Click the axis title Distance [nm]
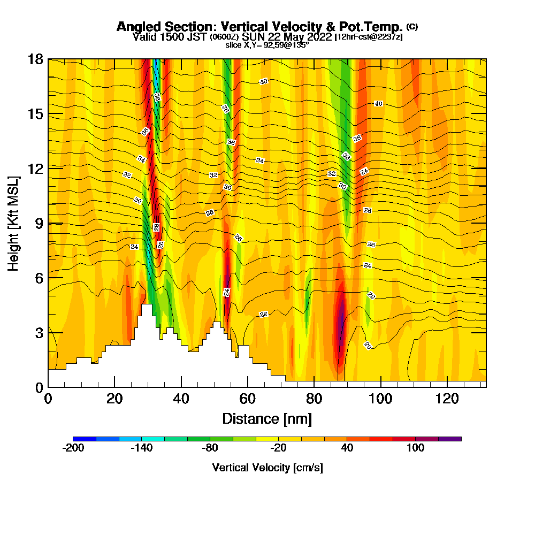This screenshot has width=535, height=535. coord(267,418)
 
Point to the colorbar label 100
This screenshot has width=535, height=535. coord(415,448)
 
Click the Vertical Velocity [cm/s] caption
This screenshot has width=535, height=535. coord(267,468)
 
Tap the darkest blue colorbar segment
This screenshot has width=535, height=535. coord(85,439)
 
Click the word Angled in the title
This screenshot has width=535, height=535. coord(141,27)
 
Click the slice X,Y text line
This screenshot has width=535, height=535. coord(267,45)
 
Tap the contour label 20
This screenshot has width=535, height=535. coord(368,345)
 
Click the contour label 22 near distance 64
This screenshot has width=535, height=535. coord(263,314)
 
